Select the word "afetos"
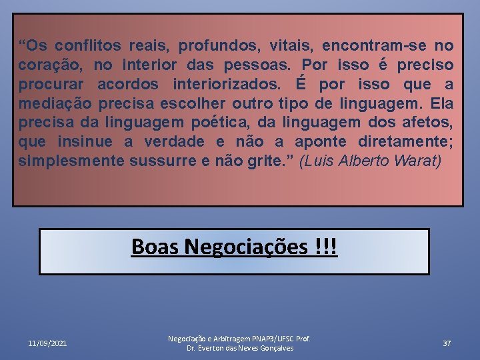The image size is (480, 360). (x=429, y=123)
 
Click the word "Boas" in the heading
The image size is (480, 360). (x=155, y=247)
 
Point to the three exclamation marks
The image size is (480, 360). (x=327, y=247)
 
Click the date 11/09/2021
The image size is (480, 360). (x=47, y=343)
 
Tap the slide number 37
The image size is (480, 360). (x=447, y=343)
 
